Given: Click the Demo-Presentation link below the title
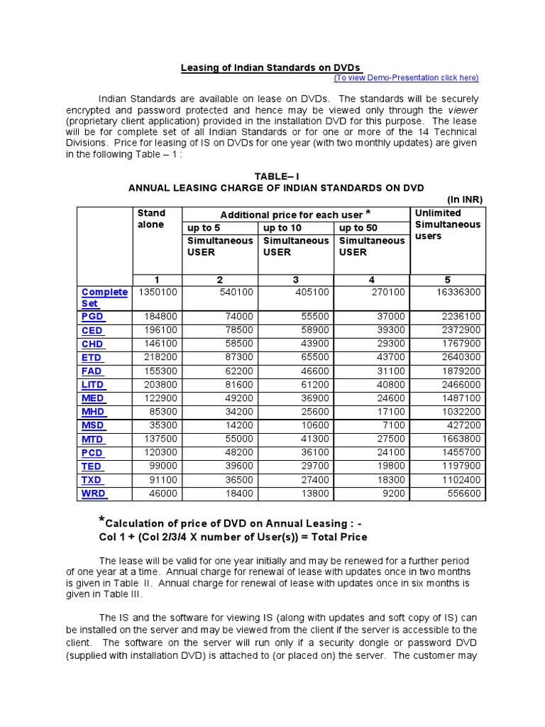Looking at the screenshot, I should point(406,78).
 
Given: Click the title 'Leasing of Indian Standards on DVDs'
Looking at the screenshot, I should point(270,68).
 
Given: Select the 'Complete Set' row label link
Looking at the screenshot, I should point(104,297).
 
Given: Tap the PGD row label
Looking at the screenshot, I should point(92,317).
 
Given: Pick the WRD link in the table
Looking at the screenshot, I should point(93,493).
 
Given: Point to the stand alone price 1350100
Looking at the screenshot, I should point(158,293).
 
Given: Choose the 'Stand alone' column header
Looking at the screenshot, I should point(151,219).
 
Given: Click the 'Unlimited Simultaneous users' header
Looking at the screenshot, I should point(447,224).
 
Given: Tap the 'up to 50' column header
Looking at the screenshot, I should point(358,228).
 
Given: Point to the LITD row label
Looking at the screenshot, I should point(93,385).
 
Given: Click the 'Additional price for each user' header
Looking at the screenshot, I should point(295,214).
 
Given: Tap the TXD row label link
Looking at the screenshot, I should point(92,480).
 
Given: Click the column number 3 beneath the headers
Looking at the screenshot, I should point(295,280).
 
